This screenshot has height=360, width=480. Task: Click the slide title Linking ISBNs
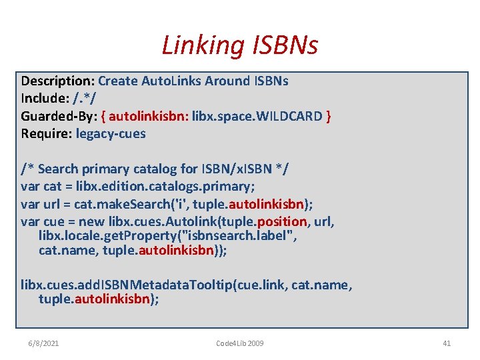tap(240, 45)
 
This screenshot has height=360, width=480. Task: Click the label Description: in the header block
tap(58, 81)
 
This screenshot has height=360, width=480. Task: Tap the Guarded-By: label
tap(59, 116)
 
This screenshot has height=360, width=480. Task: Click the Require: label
tap(47, 133)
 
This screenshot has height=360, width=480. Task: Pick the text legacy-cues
tap(111, 133)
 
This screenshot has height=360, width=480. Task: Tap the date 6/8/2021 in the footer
tap(43, 343)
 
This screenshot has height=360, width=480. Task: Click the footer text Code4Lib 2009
tap(240, 343)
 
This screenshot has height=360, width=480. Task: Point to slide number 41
tap(447, 343)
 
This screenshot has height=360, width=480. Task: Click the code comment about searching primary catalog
tap(155, 169)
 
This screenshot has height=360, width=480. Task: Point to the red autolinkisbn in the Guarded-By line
tap(147, 116)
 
